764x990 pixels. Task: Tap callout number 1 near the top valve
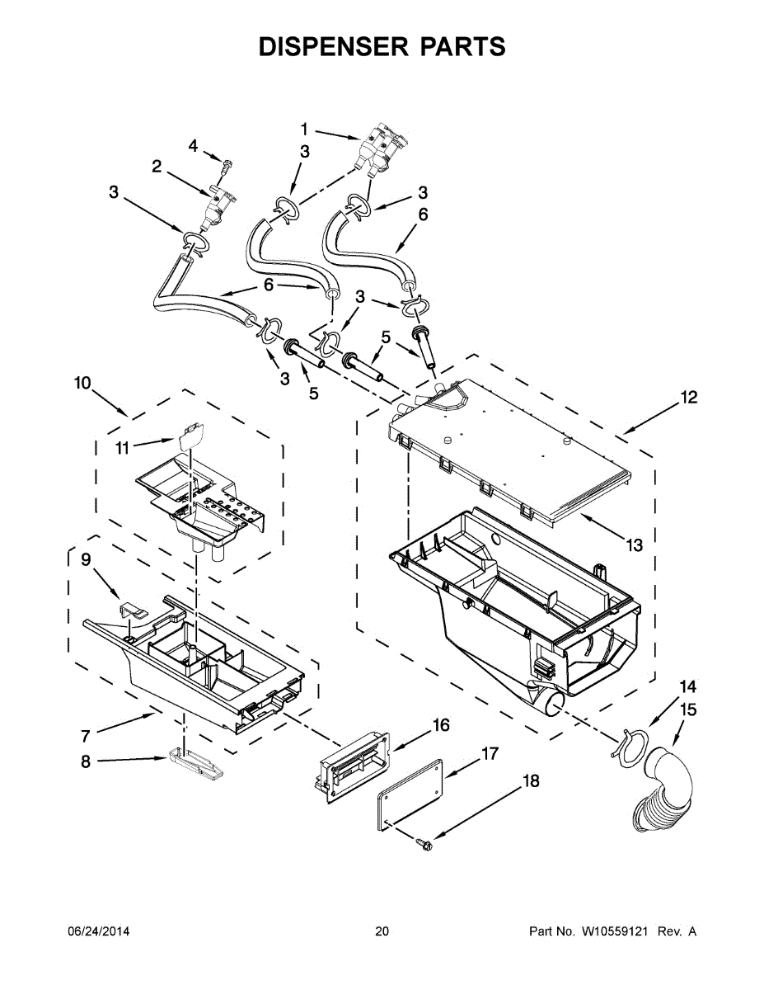(304, 129)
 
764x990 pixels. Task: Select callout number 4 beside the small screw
(193, 146)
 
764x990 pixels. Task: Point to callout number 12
(689, 398)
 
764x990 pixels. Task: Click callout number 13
(633, 545)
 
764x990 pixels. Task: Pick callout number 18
(532, 780)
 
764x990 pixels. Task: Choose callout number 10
(82, 383)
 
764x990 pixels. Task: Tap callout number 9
(86, 560)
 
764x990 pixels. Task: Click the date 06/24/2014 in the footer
(98, 931)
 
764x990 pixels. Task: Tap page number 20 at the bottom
(382, 931)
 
